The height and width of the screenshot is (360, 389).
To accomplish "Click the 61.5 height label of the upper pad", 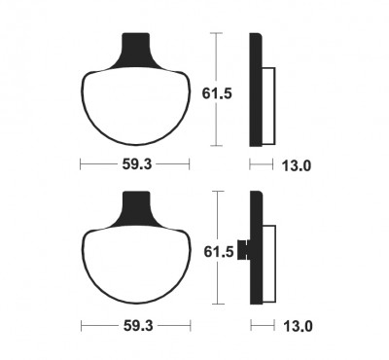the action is pos(217,93).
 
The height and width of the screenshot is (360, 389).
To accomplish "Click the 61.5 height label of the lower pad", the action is pos(219,252).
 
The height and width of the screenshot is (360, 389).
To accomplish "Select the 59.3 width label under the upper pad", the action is pos(137,164).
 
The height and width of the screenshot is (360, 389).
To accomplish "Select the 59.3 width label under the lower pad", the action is pos(138,326).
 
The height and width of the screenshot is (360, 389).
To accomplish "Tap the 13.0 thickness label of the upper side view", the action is pos(297,166).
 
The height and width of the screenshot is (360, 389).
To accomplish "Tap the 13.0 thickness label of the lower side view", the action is pos(298,326).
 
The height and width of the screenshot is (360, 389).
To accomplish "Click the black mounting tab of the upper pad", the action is pos(135,52).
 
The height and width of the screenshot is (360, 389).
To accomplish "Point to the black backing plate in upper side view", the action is pos(255,90).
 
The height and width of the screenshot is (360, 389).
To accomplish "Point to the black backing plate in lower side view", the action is pos(257,247).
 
